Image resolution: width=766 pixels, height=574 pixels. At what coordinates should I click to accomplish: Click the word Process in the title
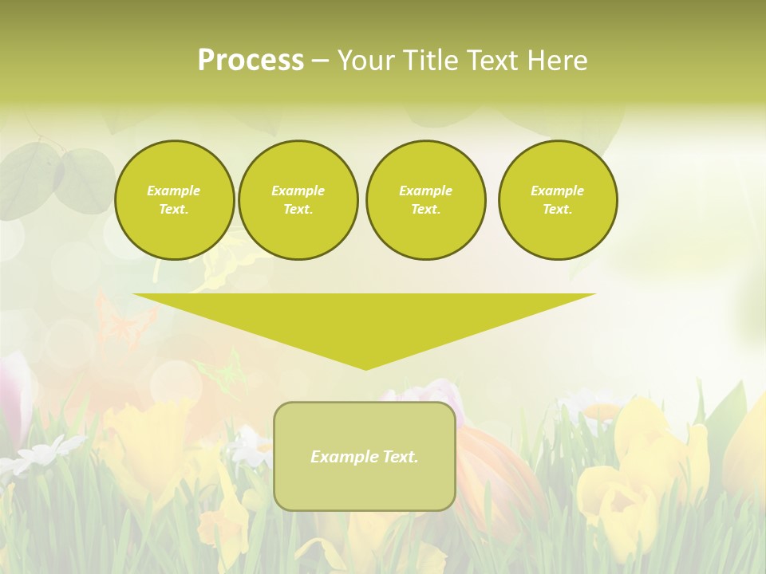tap(251, 61)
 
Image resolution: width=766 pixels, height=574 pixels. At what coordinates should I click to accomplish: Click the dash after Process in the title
tap(320, 61)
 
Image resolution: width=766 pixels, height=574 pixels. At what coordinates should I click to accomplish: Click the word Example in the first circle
tap(173, 191)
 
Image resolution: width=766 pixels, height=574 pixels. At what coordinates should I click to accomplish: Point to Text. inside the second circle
tap(298, 209)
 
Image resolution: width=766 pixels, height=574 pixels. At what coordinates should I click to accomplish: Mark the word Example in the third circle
tap(425, 191)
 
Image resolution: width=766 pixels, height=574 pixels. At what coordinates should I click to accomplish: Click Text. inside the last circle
tap(557, 209)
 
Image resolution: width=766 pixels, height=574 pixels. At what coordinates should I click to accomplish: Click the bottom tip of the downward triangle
tap(365, 368)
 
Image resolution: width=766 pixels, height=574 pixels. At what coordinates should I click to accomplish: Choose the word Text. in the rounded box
tap(399, 457)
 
